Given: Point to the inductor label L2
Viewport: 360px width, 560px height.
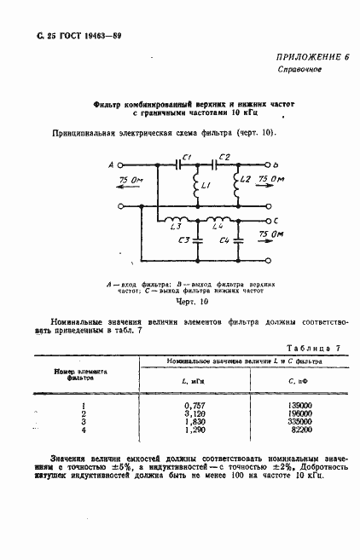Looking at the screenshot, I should [x=246, y=180].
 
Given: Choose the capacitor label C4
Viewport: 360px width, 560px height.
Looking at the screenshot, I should [x=224, y=241].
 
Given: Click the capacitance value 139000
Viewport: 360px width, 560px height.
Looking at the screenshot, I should [x=299, y=406].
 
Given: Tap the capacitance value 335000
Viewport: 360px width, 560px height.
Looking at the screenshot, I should [x=299, y=423].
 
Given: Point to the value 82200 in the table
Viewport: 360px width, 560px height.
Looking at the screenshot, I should [x=301, y=431].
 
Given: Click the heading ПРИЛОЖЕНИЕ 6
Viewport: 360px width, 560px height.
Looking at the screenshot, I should [x=314, y=55].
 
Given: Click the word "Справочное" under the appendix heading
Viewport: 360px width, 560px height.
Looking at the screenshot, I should [x=299, y=70].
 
